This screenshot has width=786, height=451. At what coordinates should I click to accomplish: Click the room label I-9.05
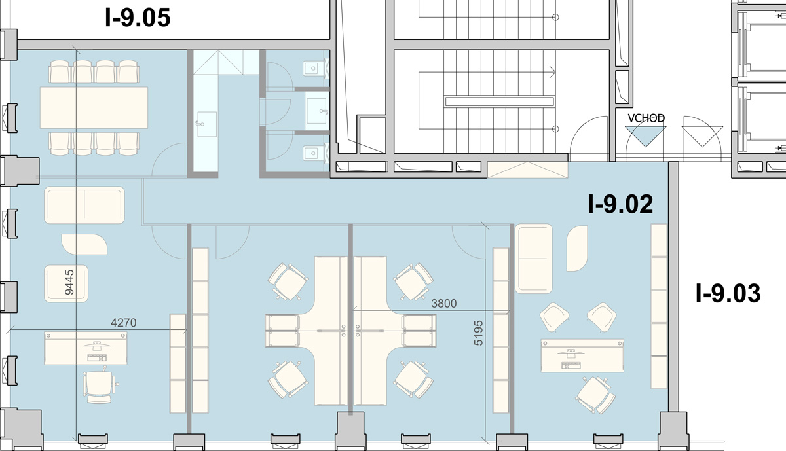pos(138,18)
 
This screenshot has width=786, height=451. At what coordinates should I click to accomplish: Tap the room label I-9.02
pos(620,204)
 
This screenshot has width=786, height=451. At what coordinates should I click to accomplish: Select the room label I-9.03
pos(728,293)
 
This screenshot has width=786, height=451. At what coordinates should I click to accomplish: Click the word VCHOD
pos(646,118)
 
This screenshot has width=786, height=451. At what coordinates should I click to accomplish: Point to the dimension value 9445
pos(69,282)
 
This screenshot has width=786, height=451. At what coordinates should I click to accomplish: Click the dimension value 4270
pos(124,323)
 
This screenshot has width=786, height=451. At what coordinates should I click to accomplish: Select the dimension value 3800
pos(444,303)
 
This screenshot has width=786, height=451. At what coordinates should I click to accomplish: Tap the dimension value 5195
pos(478,333)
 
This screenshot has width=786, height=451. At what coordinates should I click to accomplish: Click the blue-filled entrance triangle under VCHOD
pos(646,135)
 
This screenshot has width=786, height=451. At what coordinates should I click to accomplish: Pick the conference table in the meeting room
pos(94,107)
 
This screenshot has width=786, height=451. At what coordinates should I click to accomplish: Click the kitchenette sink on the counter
pos(206,124)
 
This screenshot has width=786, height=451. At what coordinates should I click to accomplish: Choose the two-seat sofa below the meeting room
pos(84,205)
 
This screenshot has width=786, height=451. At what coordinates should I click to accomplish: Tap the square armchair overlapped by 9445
pos(66,283)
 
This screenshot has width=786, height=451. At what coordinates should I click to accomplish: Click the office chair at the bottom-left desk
pos(100,385)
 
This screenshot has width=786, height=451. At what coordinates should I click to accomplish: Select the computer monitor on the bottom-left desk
pos(96,346)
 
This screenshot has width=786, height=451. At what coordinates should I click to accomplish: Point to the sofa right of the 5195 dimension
pos(533,259)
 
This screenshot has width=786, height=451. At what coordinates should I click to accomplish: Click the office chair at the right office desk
pos(595,395)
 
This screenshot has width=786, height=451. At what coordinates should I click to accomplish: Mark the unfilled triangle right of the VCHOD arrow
pos(702,137)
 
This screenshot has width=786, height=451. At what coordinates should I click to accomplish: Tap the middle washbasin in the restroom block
pos(317,111)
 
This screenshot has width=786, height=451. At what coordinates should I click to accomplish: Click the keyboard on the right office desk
pos(571,365)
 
